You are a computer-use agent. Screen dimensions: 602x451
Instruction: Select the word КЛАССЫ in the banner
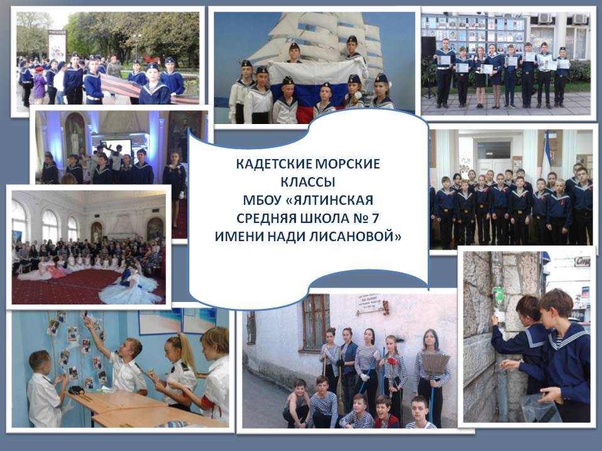click(308, 182)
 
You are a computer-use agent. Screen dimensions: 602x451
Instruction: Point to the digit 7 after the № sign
click(375, 218)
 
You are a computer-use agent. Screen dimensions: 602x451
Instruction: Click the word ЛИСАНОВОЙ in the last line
click(361, 236)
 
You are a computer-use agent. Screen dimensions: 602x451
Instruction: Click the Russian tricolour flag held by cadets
click(315, 86)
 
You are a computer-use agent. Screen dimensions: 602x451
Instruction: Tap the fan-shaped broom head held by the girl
click(436, 365)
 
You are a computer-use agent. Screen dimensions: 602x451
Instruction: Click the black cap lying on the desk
click(77, 390)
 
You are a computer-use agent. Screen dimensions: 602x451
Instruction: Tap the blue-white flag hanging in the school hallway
click(546, 150)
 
